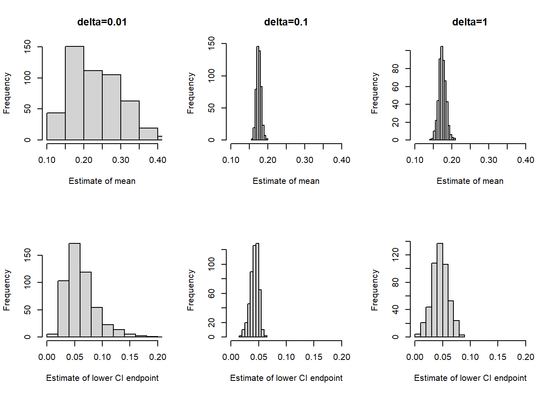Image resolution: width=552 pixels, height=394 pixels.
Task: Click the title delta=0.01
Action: pyautogui.click(x=102, y=22)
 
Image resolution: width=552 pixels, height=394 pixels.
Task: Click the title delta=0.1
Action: pyautogui.click(x=286, y=22)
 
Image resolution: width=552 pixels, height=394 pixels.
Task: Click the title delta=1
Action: pyautogui.click(x=469, y=22)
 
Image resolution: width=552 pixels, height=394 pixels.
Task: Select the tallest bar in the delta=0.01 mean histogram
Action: pyautogui.click(x=74, y=93)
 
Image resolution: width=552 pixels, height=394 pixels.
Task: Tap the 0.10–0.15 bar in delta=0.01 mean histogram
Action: pyautogui.click(x=56, y=126)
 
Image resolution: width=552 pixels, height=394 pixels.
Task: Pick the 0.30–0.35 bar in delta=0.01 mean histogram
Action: pyautogui.click(x=130, y=120)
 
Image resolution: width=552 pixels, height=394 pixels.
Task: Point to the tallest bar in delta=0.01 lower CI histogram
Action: pyautogui.click(x=74, y=290)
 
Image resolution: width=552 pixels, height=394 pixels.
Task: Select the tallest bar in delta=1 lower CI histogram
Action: pyautogui.click(x=440, y=290)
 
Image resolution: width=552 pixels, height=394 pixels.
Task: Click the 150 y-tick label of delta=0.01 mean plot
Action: pyautogui.click(x=28, y=47)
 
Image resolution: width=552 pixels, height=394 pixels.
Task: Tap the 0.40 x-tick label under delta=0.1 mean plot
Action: pyautogui.click(x=342, y=160)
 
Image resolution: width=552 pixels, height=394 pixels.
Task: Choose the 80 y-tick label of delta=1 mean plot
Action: pyautogui.click(x=396, y=69)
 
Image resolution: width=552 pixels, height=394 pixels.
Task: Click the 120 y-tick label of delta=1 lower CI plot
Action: pyautogui.click(x=396, y=254)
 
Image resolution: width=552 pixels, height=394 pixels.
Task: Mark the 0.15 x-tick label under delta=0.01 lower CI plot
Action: pyautogui.click(x=130, y=357)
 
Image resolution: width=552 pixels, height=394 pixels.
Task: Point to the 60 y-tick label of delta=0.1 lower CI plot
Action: pyautogui.click(x=212, y=293)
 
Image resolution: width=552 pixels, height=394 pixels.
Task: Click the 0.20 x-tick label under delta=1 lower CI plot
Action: pyautogui.click(x=526, y=357)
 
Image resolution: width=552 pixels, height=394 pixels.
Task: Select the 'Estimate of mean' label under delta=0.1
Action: pyautogui.click(x=286, y=181)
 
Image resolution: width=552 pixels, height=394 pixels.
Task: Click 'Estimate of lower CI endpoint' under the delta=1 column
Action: pyautogui.click(x=470, y=378)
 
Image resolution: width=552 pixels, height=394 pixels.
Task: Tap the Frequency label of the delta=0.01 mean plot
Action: pyautogui.click(x=7, y=93)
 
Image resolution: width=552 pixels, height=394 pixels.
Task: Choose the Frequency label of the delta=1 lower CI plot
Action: pyautogui.click(x=375, y=290)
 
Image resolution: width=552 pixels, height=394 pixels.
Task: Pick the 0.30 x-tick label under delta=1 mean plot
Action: pyautogui.click(x=489, y=160)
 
